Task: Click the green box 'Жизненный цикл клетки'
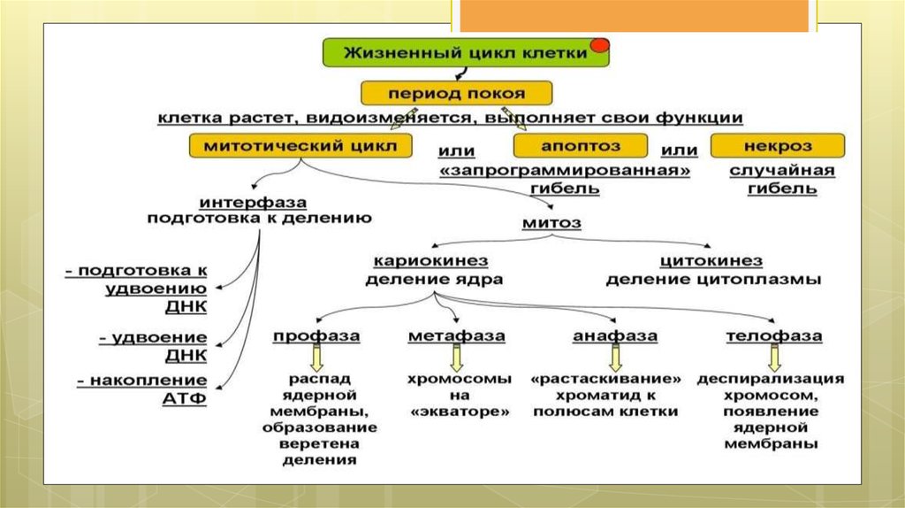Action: [x=465, y=53]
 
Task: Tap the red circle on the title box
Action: [x=599, y=44]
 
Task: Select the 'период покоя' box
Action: [x=456, y=93]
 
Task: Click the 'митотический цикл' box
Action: [x=300, y=145]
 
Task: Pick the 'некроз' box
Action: [x=778, y=145]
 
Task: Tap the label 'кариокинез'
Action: [x=431, y=261]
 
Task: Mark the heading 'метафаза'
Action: [x=457, y=336]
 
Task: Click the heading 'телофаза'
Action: [x=774, y=336]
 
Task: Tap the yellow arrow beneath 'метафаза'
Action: [x=457, y=358]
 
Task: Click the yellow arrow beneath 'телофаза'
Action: [x=774, y=358]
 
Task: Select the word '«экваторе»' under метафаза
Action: [x=459, y=412]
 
